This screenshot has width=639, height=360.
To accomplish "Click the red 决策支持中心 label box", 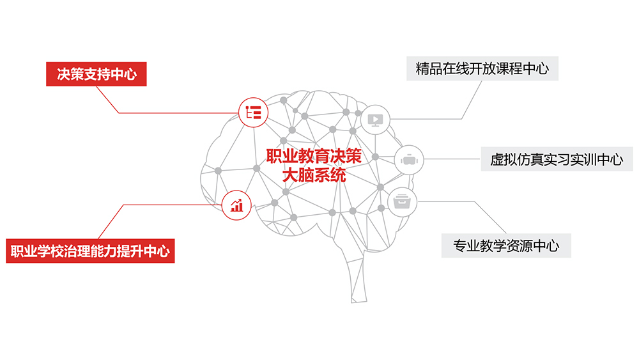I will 96,74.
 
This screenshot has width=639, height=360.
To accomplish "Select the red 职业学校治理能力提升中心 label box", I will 90,250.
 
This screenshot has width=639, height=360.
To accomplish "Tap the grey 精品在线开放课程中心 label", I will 482,68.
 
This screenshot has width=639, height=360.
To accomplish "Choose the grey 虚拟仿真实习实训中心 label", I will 557,159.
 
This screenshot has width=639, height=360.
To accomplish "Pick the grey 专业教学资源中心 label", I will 506,245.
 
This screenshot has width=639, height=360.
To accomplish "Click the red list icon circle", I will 253,113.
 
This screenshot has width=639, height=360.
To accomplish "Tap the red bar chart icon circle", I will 237,205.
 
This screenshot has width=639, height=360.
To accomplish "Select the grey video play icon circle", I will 375,119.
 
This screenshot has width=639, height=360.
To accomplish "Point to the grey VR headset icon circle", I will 408,159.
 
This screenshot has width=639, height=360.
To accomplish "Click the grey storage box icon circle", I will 402,202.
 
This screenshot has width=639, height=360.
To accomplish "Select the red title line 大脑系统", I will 314,175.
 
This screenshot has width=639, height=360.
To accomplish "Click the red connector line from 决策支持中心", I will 173,113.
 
